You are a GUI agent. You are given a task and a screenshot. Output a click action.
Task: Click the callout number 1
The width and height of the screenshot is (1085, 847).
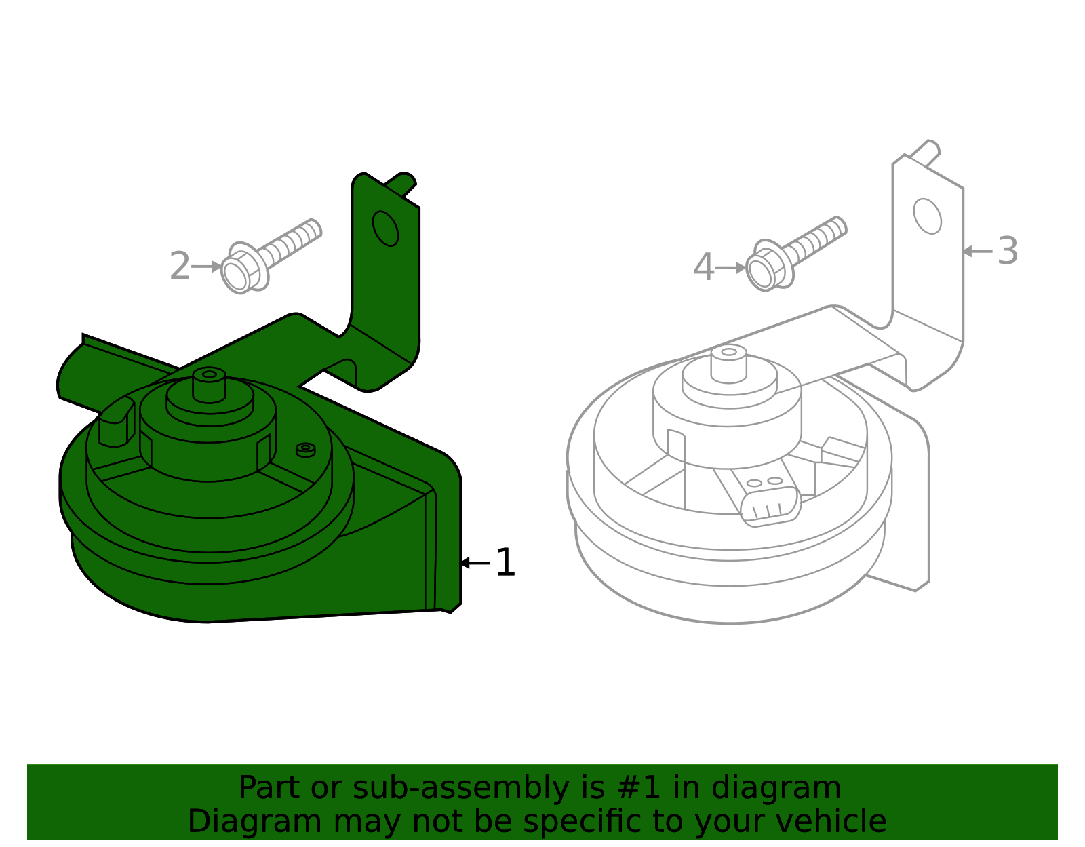tap(505, 563)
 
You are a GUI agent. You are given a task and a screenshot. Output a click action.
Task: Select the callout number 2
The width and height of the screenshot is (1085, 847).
tap(180, 267)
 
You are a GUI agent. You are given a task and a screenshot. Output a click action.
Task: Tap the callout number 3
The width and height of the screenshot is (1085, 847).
tap(1008, 251)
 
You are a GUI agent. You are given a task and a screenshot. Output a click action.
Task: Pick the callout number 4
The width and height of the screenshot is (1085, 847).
tap(704, 268)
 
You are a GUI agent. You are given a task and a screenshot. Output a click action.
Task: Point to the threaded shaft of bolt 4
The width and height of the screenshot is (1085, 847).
tap(817, 238)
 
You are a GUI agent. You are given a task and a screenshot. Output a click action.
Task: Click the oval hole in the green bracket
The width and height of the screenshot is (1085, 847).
tap(385, 229)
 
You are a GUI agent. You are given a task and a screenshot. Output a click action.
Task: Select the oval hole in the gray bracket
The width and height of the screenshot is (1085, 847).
tap(927, 216)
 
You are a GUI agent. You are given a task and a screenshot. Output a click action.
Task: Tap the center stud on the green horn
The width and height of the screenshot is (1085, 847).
tap(209, 384)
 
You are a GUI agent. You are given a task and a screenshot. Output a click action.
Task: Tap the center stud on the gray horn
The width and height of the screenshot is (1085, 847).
tap(729, 362)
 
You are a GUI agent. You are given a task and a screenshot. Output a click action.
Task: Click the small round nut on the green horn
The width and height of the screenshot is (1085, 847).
tap(306, 449)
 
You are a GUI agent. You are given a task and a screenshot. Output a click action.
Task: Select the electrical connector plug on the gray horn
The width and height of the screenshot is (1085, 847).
tap(771, 506)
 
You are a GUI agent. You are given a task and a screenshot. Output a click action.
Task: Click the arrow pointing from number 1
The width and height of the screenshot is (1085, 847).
tap(474, 563)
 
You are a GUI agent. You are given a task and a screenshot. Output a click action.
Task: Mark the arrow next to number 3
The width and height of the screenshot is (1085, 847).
tap(977, 251)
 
